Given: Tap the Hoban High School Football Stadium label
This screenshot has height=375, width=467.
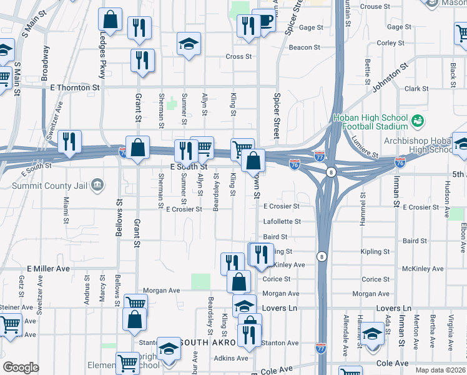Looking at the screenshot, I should point(370,122).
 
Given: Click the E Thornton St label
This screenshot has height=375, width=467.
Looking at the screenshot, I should point(71,88).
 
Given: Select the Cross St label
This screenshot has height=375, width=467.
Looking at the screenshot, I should point(238,56).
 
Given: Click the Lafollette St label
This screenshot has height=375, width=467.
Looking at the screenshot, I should point(282,221).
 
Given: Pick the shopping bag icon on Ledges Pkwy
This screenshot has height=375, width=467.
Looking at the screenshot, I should point(110,20).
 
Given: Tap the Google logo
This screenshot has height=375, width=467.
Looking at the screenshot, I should point(21,367).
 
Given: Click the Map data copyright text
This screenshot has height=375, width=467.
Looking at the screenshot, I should point(441,370).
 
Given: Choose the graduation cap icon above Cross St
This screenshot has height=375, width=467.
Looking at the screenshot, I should point(188,44).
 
